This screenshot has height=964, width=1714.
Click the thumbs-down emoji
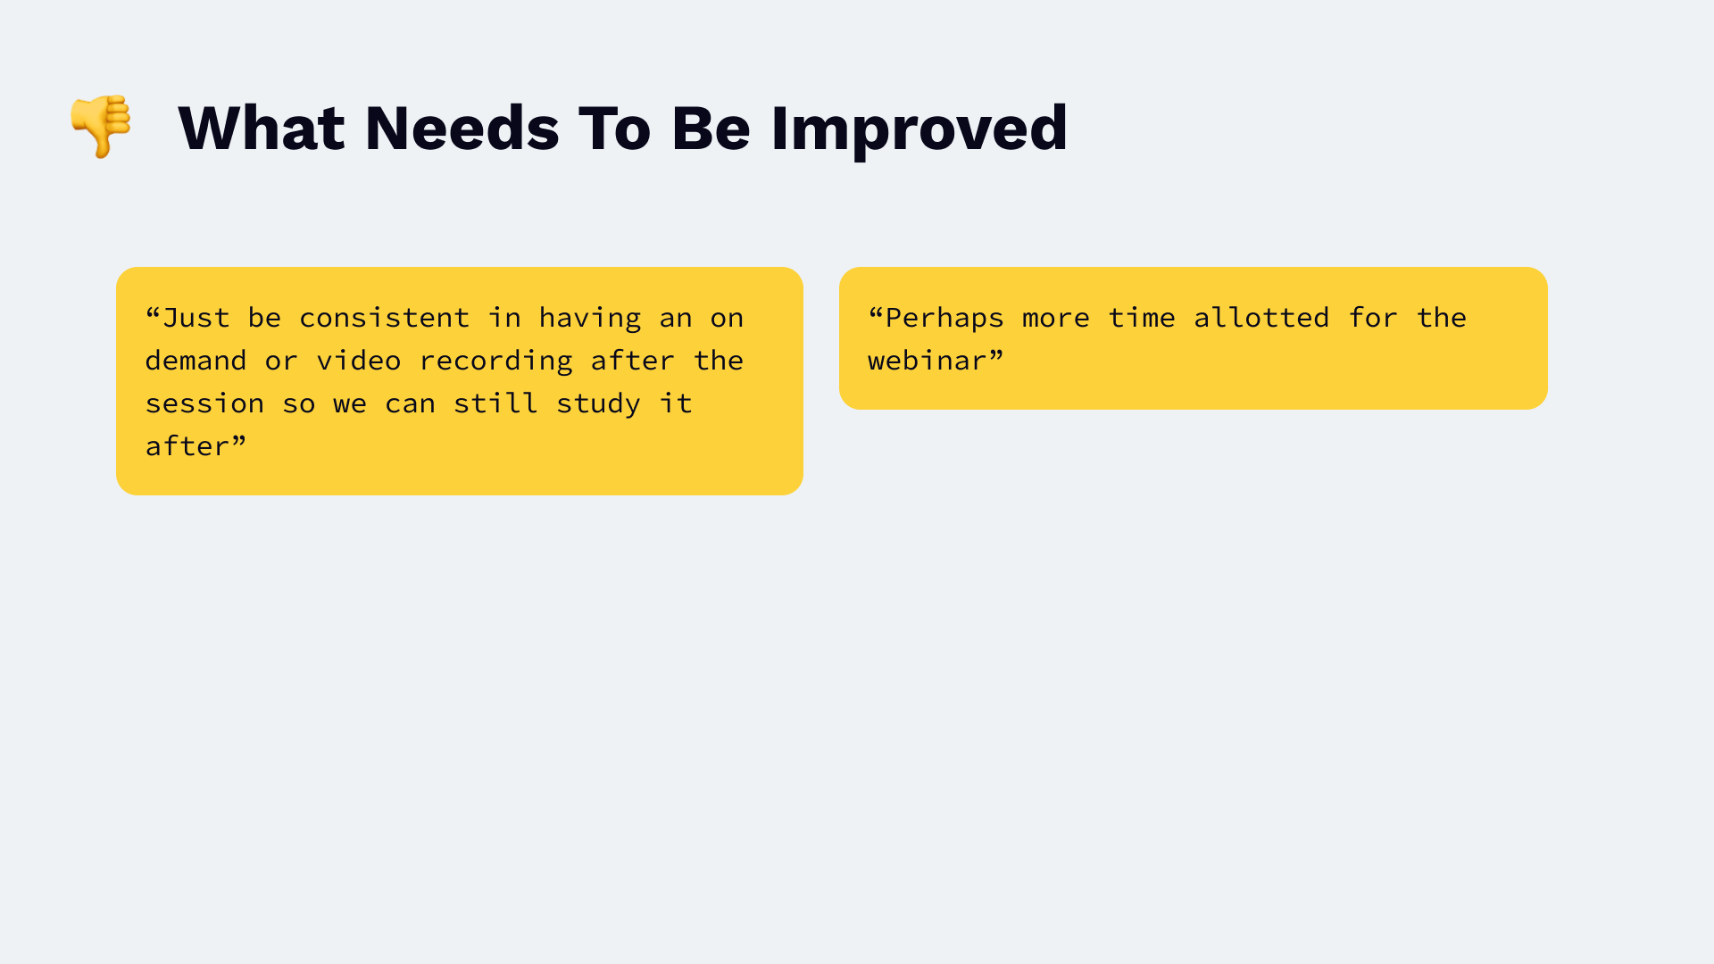pos(101,126)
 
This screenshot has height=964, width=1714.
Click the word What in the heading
pos(262,128)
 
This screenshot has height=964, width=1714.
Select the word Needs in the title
pos(462,128)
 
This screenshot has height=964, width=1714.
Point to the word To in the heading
pos(615,128)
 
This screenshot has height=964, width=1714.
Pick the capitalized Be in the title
pos(711,128)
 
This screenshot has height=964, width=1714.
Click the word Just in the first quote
pos(196,318)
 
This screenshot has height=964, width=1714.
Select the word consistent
pos(385,318)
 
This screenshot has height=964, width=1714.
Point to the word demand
pos(196,361)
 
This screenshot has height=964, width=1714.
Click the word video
pos(359,361)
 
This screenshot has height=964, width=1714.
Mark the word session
pos(204,403)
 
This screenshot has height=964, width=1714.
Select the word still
pos(495,403)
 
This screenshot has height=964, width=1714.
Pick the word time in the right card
pos(1142,318)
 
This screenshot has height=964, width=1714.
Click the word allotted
pos(1261,318)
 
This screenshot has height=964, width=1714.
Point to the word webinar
pos(928,361)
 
